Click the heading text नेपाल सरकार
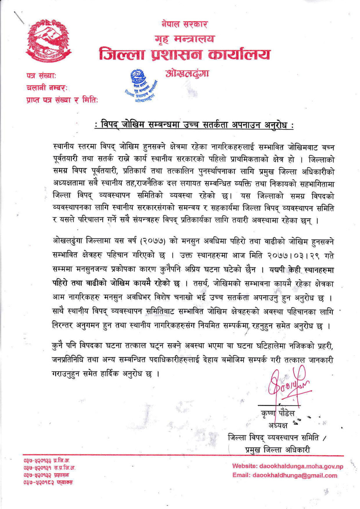[x=184, y=25]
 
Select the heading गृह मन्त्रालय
[x=185, y=39]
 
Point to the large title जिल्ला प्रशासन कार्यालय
[x=185, y=54]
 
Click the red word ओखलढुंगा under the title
[x=187, y=73]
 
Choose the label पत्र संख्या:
[x=41, y=75]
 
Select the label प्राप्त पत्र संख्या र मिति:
[x=62, y=100]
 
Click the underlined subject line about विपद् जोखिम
[x=194, y=125]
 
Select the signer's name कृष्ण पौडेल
[x=278, y=414]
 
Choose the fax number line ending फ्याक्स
[x=48, y=482]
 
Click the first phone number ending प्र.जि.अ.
[x=47, y=460]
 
